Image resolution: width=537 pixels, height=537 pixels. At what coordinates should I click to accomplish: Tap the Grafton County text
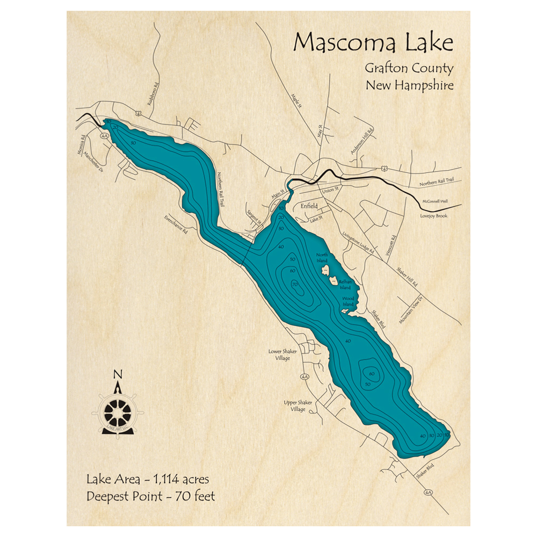409,68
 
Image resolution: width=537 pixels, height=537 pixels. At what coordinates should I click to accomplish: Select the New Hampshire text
409,85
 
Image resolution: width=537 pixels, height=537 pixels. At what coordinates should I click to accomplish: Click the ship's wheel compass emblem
119,412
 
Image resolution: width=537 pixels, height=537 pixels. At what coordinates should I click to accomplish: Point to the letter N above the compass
119,375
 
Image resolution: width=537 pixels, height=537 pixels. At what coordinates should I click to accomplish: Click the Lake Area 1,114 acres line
147,478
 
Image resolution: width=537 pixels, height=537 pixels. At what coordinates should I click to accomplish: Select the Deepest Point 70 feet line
150,496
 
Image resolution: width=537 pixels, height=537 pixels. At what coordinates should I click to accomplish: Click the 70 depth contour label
295,284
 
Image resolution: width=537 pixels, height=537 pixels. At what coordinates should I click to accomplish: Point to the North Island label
322,257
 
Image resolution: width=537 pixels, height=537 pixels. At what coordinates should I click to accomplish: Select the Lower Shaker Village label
282,355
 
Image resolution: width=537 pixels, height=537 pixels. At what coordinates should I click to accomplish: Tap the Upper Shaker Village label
295,405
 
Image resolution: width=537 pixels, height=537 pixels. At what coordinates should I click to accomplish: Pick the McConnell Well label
434,201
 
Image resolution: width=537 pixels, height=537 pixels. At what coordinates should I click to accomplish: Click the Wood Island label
349,302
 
